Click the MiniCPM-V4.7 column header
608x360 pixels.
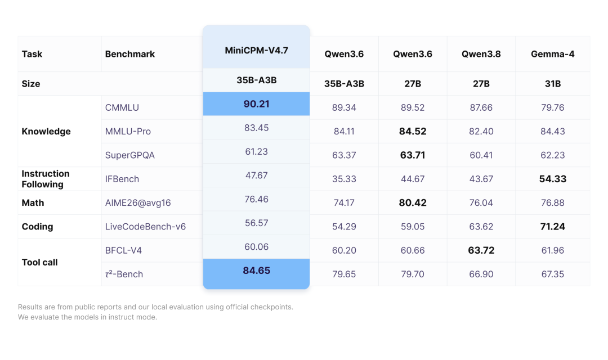pyautogui.click(x=256, y=51)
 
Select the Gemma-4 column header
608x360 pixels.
pyautogui.click(x=553, y=54)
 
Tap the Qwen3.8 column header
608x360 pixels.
pyautogui.click(x=481, y=54)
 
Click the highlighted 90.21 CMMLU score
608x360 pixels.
pyautogui.click(x=256, y=104)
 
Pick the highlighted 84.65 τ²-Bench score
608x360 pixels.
pyautogui.click(x=256, y=271)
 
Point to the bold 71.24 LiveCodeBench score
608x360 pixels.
pyautogui.click(x=553, y=226)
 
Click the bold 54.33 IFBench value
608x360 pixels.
pyautogui.click(x=553, y=179)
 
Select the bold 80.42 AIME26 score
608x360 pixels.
pyautogui.click(x=413, y=202)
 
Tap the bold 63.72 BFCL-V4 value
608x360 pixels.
pyautogui.click(x=481, y=250)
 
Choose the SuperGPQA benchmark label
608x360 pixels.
pyautogui.click(x=130, y=155)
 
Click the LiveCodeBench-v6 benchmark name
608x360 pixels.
pyautogui.click(x=145, y=226)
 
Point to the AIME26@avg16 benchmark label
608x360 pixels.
pyautogui.click(x=138, y=202)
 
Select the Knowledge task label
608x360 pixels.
pyautogui.click(x=46, y=132)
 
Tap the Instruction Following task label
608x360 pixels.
pyautogui.click(x=46, y=179)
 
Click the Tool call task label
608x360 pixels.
pyautogui.click(x=39, y=262)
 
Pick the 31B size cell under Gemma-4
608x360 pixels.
pyautogui.click(x=553, y=84)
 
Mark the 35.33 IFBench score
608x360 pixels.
pyautogui.click(x=344, y=179)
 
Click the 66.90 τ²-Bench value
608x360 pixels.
pyautogui.click(x=481, y=274)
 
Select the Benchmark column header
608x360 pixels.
pyautogui.click(x=130, y=54)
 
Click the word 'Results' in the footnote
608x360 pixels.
pyautogui.click(x=30, y=307)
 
